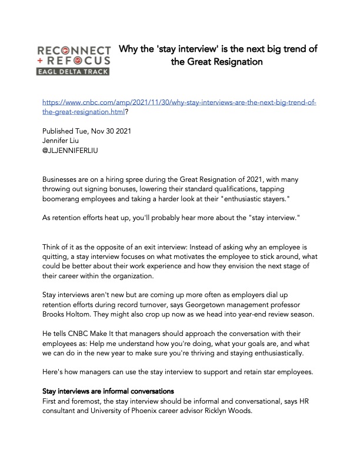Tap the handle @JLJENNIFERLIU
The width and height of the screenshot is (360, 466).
(x=71, y=150)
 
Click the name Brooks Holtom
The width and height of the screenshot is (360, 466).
(x=68, y=314)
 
